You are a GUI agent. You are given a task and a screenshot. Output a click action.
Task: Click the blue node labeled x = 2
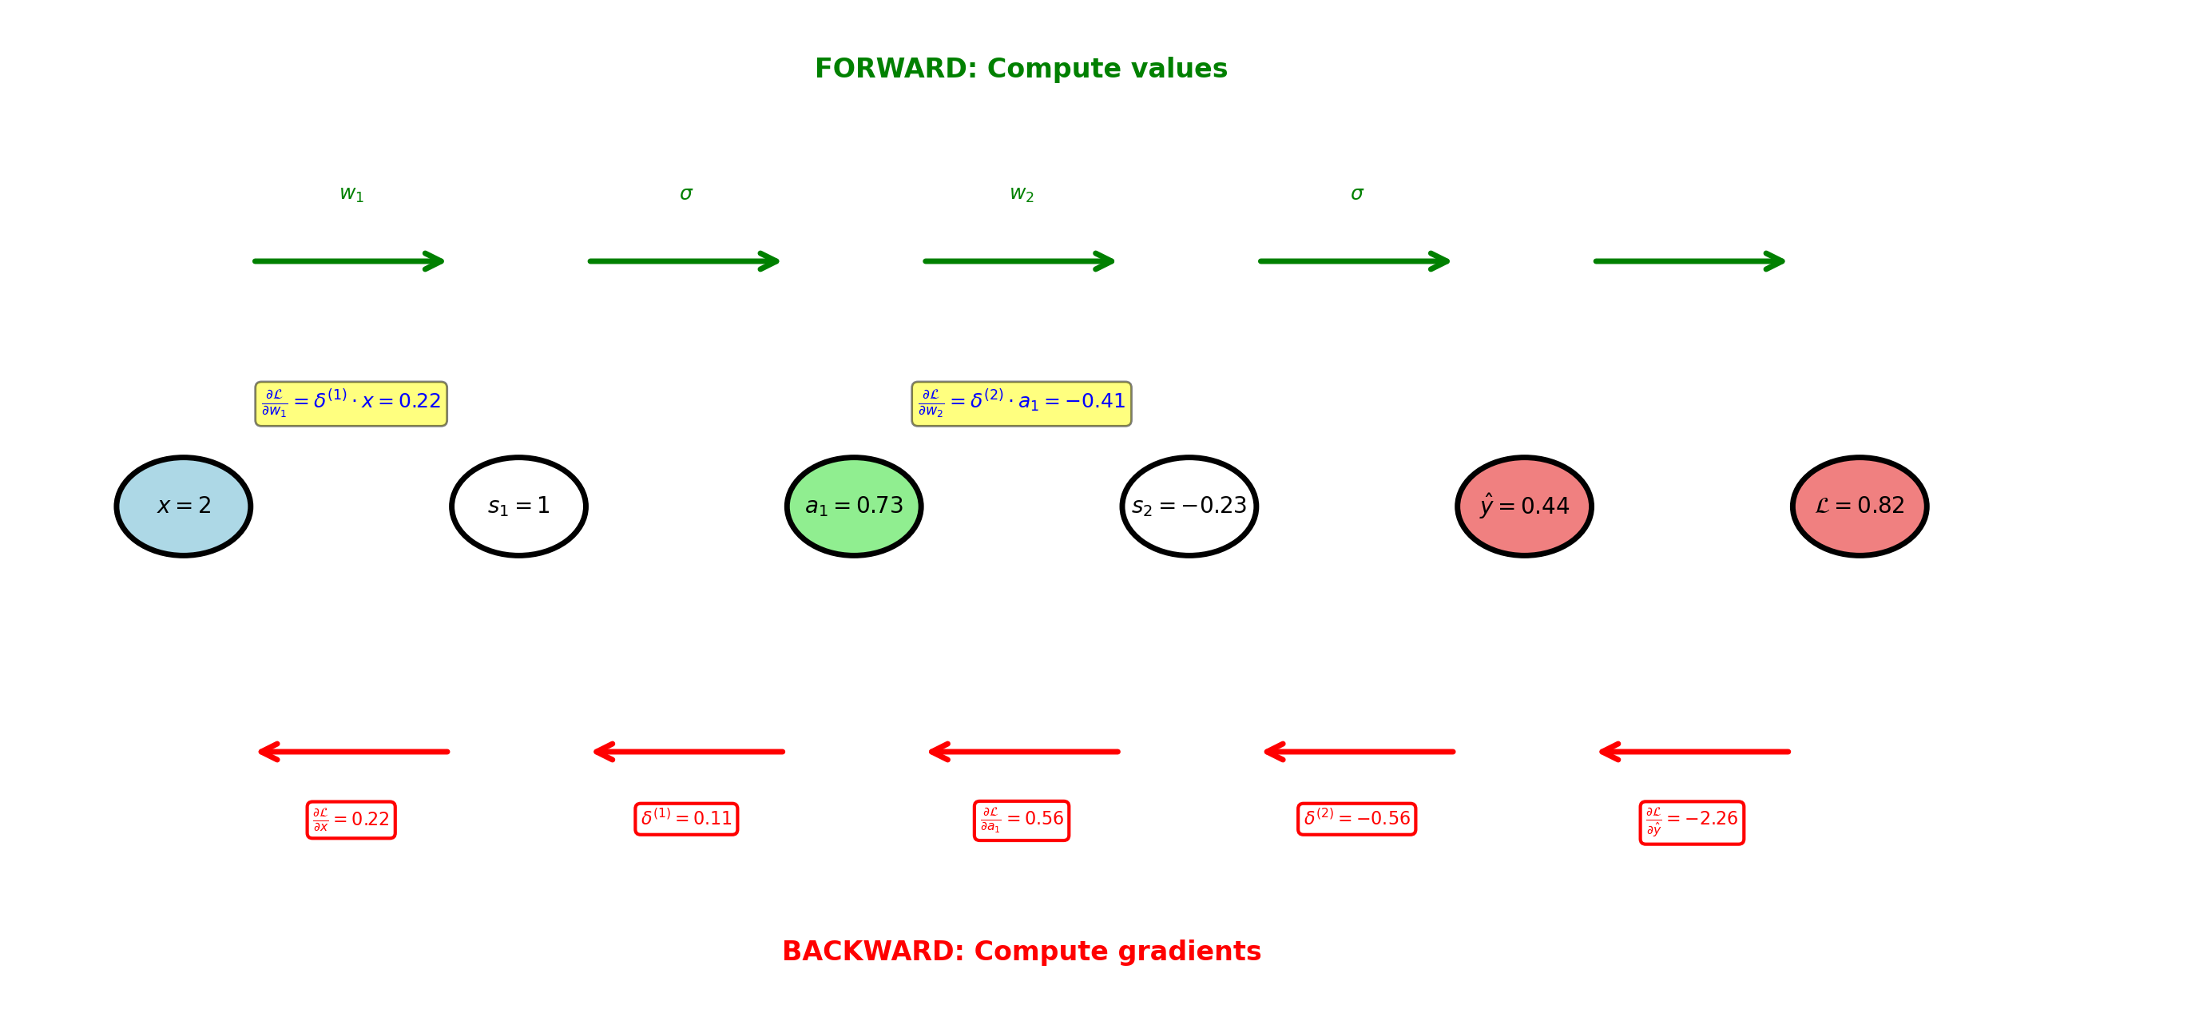coord(184,506)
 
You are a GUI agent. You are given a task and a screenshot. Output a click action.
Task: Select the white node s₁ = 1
coord(518,506)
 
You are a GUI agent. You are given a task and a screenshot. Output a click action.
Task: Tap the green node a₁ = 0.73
coord(854,506)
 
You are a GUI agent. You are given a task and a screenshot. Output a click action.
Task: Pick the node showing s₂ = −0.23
coord(1189,506)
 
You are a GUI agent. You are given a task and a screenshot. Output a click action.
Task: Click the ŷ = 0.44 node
coord(1524,506)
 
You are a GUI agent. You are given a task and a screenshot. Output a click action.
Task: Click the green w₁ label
coord(351,194)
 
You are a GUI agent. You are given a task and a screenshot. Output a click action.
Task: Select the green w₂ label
coord(1022,194)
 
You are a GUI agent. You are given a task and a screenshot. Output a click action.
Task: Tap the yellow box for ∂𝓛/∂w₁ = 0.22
coord(351,403)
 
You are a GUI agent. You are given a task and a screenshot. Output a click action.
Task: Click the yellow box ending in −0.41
coord(1022,403)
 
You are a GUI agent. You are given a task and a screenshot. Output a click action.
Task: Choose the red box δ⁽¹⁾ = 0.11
coord(686,819)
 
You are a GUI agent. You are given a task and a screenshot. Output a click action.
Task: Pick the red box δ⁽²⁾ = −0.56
coord(1356,819)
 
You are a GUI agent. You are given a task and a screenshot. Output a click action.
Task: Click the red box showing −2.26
coord(1692,822)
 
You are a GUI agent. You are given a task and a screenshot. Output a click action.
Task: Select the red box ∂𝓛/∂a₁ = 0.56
coord(1022,820)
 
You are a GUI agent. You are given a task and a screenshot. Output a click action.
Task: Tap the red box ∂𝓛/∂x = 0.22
coord(351,820)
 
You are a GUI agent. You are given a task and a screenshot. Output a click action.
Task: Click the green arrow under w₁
coord(348,261)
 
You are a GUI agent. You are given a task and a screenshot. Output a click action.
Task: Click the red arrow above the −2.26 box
coord(1695,752)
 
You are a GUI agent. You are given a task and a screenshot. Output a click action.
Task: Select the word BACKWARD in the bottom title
coord(872,951)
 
